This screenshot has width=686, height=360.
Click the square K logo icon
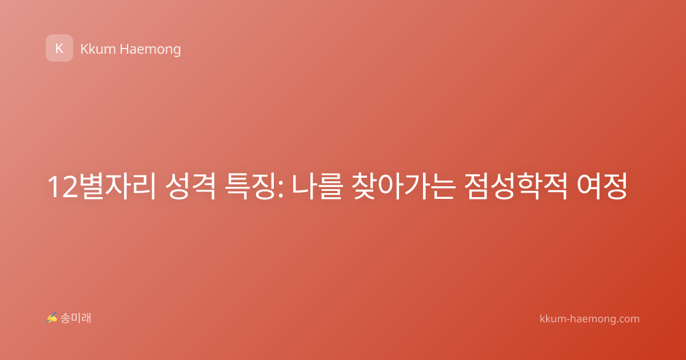(59, 48)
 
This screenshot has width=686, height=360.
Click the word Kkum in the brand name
(98, 49)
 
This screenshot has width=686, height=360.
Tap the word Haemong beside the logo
(150, 50)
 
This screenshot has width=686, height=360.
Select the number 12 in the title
(63, 187)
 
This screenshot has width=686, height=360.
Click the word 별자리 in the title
(118, 186)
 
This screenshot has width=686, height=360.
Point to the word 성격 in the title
(190, 186)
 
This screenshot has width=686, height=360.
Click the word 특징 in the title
(249, 186)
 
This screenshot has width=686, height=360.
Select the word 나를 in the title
(316, 186)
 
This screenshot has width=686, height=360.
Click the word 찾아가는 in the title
(404, 186)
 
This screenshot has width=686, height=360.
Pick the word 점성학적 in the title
(516, 186)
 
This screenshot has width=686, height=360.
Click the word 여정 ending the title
(602, 186)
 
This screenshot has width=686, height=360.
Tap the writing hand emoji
(52, 318)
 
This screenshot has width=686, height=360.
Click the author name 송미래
(75, 318)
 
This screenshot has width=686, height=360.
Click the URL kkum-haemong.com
(589, 319)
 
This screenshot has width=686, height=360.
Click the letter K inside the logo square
(59, 49)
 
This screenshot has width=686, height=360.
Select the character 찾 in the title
(364, 186)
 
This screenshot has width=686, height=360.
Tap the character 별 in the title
(92, 186)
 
